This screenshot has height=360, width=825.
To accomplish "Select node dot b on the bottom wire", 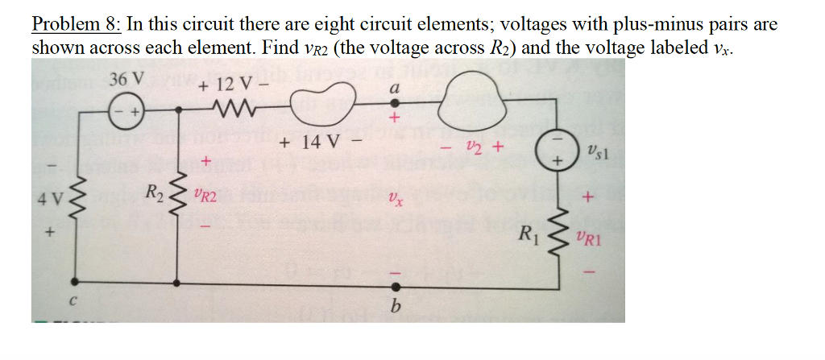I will [395, 285].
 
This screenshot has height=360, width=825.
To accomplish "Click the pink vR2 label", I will [206, 194].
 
